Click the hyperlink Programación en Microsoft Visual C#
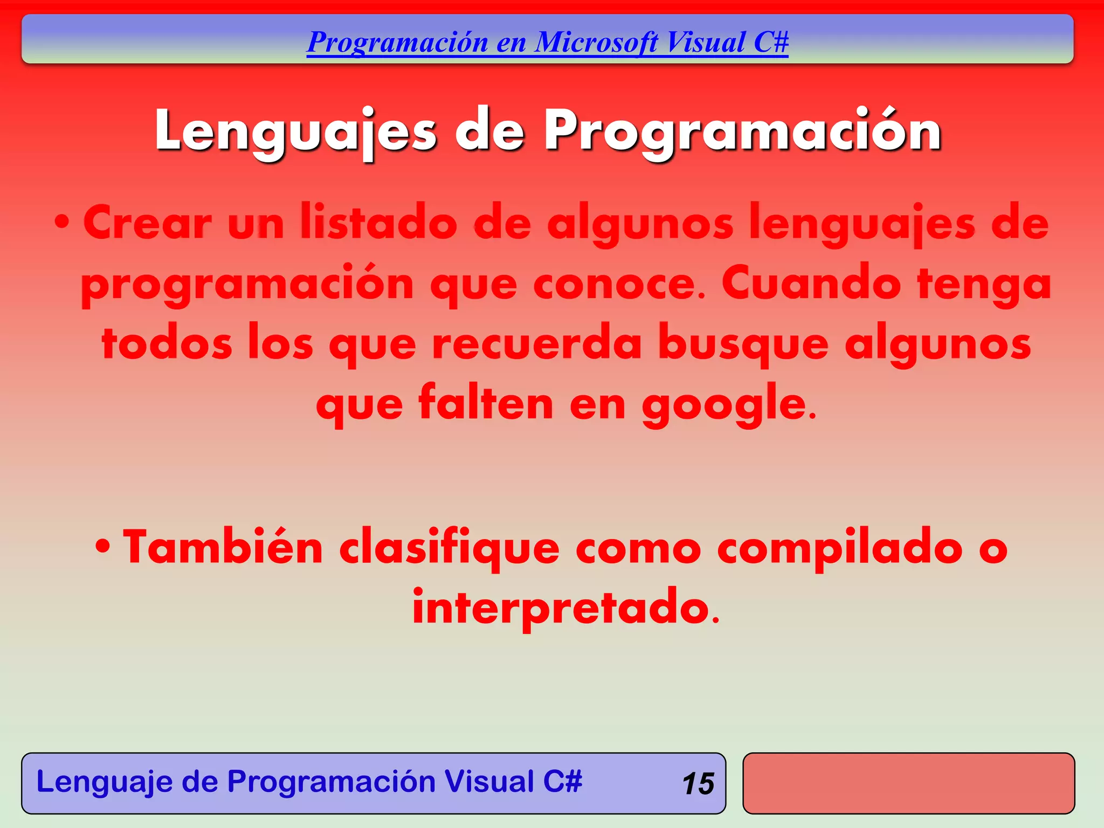(547, 43)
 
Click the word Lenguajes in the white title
(295, 131)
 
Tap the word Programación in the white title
(742, 131)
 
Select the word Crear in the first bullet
(147, 223)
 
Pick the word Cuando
(811, 284)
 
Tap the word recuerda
(536, 344)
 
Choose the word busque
(743, 344)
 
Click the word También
(223, 548)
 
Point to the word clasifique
(449, 548)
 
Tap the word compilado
(840, 548)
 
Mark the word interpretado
(565, 608)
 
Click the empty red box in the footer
(908, 783)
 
